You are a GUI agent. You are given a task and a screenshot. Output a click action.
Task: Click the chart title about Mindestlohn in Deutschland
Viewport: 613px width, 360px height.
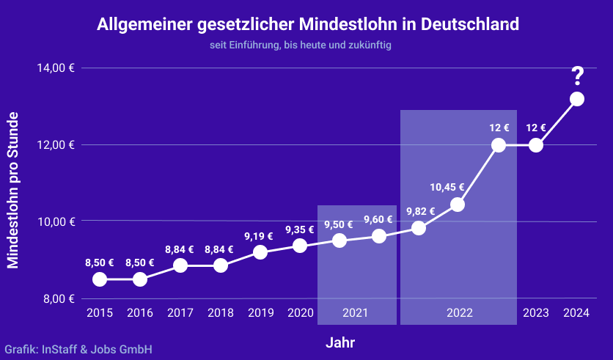[308, 24]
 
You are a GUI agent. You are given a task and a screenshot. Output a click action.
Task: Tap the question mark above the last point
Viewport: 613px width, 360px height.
[577, 75]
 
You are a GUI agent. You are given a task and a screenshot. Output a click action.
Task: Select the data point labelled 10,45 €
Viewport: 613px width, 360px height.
[458, 205]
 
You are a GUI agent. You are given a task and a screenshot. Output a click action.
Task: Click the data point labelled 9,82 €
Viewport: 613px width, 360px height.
[419, 228]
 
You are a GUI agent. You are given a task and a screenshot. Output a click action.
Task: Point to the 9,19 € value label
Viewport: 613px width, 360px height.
[259, 236]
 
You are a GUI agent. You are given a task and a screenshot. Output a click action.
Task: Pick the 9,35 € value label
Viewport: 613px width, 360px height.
[299, 228]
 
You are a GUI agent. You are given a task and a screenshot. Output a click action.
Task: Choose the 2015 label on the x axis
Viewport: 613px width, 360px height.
[100, 313]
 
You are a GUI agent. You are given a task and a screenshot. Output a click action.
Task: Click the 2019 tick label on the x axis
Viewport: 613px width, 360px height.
[260, 313]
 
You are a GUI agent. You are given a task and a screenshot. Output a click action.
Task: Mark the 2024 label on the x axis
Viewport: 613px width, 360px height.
[576, 313]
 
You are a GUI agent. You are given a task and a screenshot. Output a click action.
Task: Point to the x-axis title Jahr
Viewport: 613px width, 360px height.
[340, 342]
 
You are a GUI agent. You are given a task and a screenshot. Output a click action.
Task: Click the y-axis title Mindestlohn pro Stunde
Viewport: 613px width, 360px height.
[12, 190]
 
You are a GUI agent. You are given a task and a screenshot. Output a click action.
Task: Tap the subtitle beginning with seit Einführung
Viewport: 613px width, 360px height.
[301, 45]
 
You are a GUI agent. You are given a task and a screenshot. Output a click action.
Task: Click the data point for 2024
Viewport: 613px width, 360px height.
[577, 99]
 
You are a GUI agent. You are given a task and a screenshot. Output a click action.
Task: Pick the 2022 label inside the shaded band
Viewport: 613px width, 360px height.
[460, 313]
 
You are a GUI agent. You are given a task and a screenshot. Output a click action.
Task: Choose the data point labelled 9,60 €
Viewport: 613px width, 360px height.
[379, 236]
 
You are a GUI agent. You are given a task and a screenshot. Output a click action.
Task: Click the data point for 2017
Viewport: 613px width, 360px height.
[180, 265]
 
